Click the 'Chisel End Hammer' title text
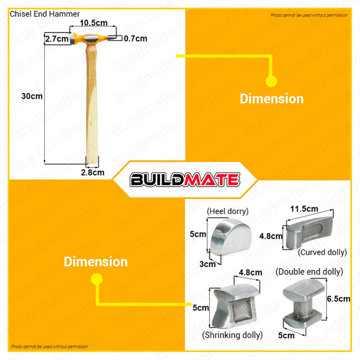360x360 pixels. [x=45, y=14]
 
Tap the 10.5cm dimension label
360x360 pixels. [x=94, y=23]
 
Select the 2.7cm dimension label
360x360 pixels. [x=57, y=39]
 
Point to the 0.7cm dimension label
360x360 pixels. [x=135, y=39]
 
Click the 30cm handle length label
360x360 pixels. [x=32, y=96]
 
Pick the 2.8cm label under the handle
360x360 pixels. [x=93, y=172]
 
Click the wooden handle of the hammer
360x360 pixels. [x=92, y=103]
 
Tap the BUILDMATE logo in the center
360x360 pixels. [x=185, y=179]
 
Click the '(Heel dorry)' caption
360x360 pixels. [x=228, y=211]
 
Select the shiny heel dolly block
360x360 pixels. [x=231, y=237]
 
